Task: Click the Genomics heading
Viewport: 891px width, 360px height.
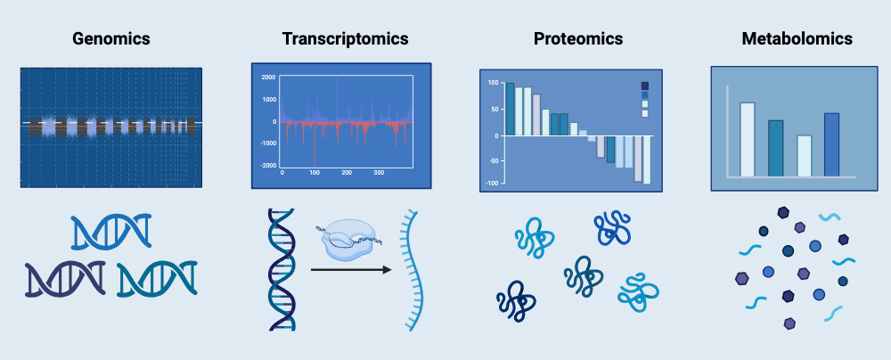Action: (x=110, y=39)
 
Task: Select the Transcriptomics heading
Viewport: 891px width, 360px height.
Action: (x=345, y=39)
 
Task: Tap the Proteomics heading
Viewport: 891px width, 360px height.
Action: (x=578, y=39)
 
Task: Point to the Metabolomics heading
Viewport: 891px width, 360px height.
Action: (x=797, y=39)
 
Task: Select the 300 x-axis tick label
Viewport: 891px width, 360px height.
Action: (x=378, y=173)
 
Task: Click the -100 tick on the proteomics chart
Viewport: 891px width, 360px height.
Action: (x=490, y=182)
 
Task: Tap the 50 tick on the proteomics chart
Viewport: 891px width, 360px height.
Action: (x=494, y=110)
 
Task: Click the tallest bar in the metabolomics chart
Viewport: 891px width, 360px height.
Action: (x=748, y=139)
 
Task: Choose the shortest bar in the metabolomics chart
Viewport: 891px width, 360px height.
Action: (x=804, y=155)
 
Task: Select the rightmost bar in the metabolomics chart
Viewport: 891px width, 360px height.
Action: (x=831, y=143)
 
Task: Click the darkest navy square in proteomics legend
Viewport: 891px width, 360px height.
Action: (x=645, y=86)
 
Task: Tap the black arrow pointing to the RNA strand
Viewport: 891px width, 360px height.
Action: (x=352, y=268)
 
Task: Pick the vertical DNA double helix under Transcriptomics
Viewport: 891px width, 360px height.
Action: (x=279, y=267)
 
